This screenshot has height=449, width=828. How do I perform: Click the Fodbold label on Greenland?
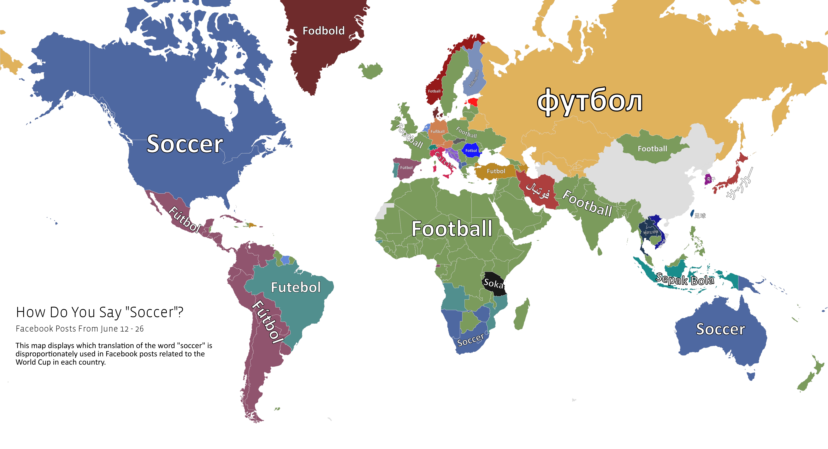click(323, 31)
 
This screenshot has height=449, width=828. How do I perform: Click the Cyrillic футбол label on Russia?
click(590, 101)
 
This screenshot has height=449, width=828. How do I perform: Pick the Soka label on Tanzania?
click(493, 283)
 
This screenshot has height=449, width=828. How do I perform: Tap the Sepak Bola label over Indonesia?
click(685, 279)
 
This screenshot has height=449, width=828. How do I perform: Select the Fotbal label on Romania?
click(471, 150)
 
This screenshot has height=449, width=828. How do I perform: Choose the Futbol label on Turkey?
click(496, 171)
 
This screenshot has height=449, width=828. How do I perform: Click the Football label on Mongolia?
click(652, 149)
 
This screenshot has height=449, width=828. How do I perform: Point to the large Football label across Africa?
click(452, 229)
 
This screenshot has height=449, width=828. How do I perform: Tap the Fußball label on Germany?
click(437, 131)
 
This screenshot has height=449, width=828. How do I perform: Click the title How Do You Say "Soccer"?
click(100, 312)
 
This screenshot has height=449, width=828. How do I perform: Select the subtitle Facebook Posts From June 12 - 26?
click(80, 329)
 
